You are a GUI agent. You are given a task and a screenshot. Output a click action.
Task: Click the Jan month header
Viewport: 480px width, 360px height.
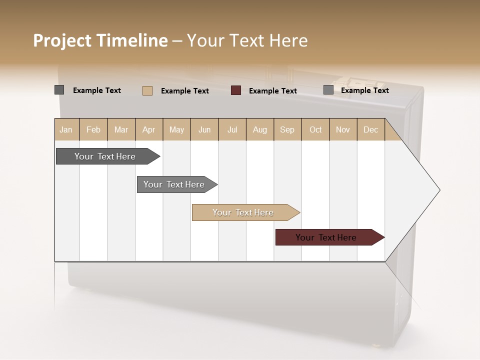click(x=66, y=129)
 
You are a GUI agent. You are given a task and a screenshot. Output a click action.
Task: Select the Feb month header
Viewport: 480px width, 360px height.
click(x=93, y=129)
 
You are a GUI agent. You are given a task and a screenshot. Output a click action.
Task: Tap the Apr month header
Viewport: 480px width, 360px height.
click(x=148, y=129)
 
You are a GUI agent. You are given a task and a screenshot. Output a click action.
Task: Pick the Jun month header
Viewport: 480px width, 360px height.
click(x=204, y=129)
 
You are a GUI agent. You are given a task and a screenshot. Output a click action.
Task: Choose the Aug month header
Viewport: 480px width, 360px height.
click(x=259, y=129)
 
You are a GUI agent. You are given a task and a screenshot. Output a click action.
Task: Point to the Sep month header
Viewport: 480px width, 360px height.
click(x=287, y=129)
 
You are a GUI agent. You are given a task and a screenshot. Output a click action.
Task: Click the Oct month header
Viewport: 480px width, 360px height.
click(x=315, y=129)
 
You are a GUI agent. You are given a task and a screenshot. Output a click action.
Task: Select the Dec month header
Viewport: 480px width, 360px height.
click(x=370, y=129)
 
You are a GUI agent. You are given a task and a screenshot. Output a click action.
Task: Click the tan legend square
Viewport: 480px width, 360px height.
click(x=147, y=90)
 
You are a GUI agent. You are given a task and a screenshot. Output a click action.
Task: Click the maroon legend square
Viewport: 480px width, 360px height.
click(x=236, y=90)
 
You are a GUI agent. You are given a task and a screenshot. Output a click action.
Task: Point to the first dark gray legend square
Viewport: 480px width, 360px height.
click(x=59, y=90)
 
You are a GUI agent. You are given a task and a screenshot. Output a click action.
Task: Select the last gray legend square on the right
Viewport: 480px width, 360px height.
click(x=328, y=90)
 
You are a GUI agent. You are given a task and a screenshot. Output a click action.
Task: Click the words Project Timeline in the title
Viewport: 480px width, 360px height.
click(x=100, y=40)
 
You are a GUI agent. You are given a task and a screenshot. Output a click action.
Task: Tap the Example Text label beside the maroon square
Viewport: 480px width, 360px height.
click(x=272, y=90)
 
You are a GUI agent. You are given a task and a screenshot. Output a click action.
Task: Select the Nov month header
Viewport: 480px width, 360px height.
click(x=343, y=129)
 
